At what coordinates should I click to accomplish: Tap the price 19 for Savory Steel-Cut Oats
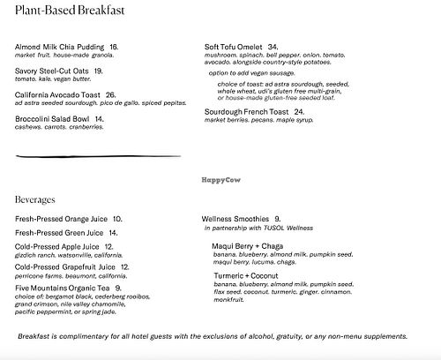point(98,71)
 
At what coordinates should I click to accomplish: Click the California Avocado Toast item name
point(59,94)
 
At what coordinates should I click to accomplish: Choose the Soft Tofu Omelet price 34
point(273,47)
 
